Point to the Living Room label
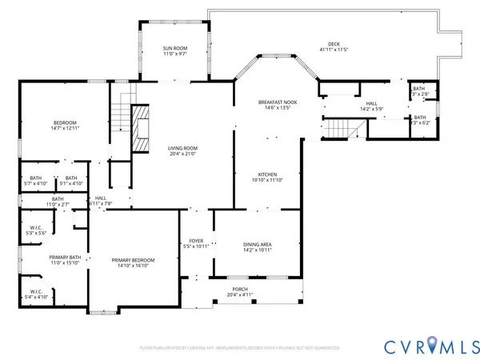(182, 148)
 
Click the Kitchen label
(266, 175)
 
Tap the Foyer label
(196, 241)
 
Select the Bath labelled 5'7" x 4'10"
(36, 178)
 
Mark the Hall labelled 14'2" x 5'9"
(371, 103)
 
